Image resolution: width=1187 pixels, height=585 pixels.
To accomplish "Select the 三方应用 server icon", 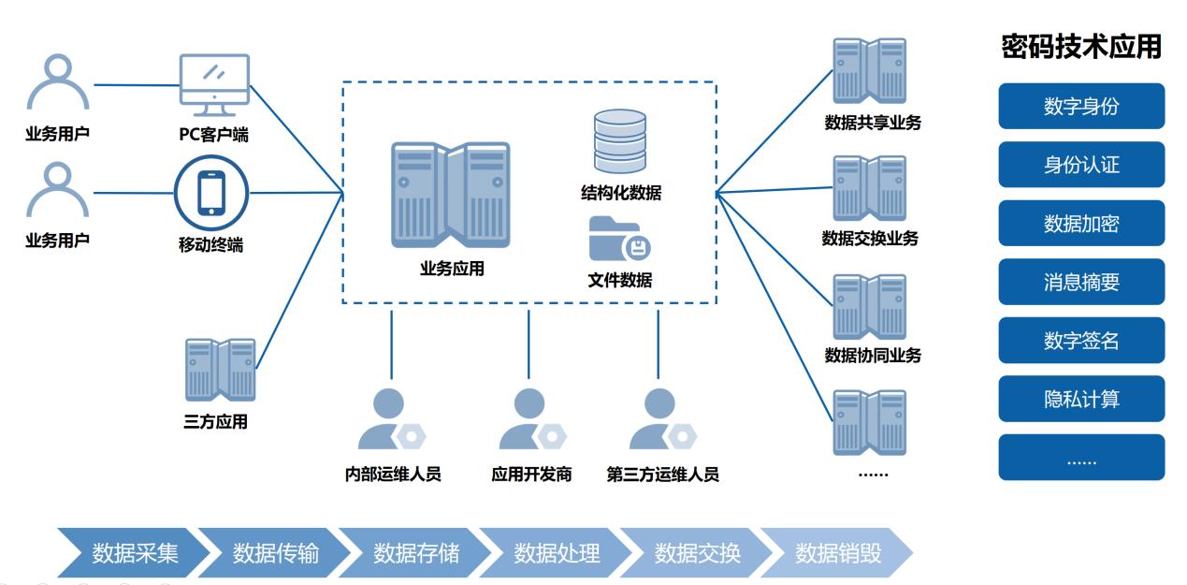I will click(220, 369).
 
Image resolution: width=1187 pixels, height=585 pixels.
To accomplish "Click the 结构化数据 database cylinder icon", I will click(619, 143).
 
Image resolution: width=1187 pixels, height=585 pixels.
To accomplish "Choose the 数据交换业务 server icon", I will click(870, 188).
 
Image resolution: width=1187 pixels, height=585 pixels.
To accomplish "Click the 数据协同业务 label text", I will click(872, 356).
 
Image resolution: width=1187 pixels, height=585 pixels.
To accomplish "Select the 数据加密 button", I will click(1080, 224).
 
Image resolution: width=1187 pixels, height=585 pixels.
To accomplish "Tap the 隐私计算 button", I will click(1080, 400).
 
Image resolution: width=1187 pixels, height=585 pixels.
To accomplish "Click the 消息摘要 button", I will click(1080, 282).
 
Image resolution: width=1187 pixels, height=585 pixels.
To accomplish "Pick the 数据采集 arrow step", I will click(134, 553).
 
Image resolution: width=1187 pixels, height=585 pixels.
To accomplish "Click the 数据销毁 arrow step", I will click(837, 553).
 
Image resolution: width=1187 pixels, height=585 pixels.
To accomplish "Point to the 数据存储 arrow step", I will click(415, 553).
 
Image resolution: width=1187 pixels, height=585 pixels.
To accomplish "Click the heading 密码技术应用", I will click(1080, 48).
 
